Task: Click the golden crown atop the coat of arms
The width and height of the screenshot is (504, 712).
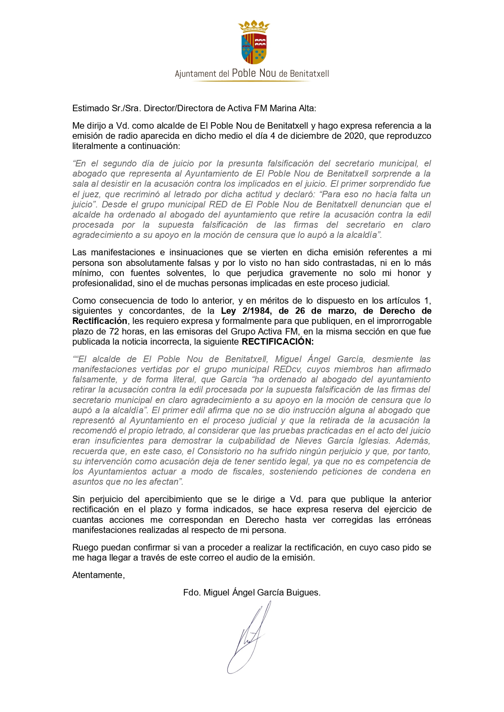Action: (254, 26)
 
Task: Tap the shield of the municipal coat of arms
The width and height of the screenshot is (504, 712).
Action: (254, 48)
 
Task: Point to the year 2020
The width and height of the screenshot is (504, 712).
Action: (355, 136)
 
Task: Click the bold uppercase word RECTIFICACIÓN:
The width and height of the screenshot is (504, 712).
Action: (278, 342)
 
